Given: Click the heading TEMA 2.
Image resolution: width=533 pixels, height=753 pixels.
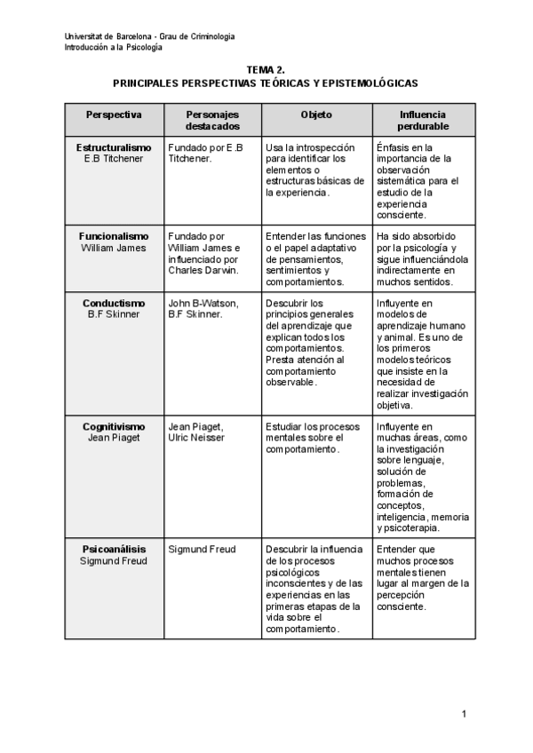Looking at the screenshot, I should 266,68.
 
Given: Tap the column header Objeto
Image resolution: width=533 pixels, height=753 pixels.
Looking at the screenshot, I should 316,115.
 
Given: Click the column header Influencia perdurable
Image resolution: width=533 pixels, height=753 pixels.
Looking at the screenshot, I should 423,121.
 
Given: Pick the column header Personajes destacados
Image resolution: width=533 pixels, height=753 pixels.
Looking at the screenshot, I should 211,121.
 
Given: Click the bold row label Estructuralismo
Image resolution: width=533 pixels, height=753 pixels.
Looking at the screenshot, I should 114,147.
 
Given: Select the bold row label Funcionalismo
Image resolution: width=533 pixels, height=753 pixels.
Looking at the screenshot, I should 114,236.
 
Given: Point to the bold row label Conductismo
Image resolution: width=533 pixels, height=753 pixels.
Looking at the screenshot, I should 114,303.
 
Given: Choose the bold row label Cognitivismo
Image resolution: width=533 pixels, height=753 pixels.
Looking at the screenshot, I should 114,426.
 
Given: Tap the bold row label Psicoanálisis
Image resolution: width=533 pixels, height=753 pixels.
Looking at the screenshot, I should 114,550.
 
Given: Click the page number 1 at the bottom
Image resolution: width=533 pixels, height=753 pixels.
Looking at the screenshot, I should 464,713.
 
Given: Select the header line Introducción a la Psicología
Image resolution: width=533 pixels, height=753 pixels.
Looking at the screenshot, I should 113,47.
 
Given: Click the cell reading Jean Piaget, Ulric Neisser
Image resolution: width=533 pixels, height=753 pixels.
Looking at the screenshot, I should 196,432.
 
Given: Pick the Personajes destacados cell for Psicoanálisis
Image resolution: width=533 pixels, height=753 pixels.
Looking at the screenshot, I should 202,550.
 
